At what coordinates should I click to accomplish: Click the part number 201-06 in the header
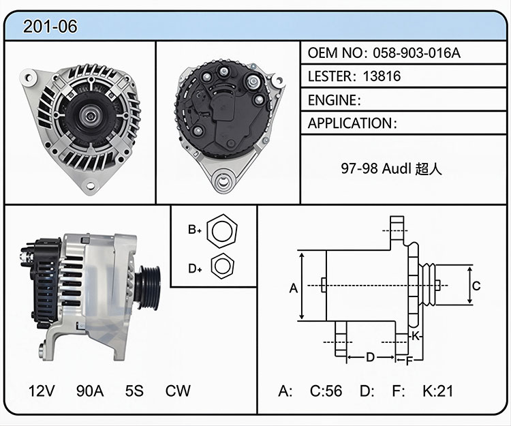click(x=50, y=27)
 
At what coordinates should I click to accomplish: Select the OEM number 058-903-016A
click(x=416, y=52)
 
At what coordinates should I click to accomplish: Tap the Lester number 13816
click(x=382, y=76)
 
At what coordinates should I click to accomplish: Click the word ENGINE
click(x=332, y=100)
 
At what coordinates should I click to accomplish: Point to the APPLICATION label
click(x=350, y=123)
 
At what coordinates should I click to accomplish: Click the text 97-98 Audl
click(x=375, y=168)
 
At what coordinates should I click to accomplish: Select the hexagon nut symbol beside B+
click(x=222, y=231)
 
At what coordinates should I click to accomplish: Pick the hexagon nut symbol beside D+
click(x=223, y=266)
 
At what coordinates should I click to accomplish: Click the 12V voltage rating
click(x=42, y=391)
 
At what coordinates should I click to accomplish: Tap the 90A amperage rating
click(x=90, y=391)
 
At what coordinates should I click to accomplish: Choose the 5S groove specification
click(x=134, y=391)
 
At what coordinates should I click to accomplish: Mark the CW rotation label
click(x=178, y=391)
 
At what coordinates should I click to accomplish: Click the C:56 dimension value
click(x=326, y=391)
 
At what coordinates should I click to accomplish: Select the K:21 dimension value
click(x=438, y=391)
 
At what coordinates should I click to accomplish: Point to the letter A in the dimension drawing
click(x=294, y=288)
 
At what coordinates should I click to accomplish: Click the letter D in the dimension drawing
click(x=370, y=357)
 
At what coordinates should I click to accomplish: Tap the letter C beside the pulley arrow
click(x=476, y=286)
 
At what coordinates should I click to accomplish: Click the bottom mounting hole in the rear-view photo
click(x=223, y=180)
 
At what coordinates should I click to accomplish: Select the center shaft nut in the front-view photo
click(x=90, y=115)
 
